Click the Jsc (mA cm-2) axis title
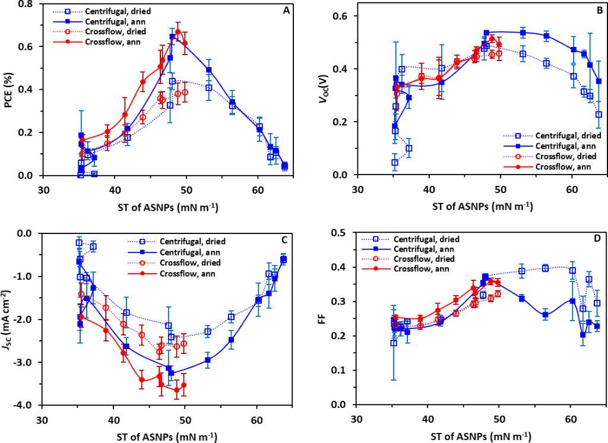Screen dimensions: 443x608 [x=10, y=319]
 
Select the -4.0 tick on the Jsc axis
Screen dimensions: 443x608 [x=26, y=405]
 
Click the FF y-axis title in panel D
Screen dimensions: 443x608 [x=331, y=319]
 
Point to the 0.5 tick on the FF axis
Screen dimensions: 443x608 [x=342, y=233]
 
